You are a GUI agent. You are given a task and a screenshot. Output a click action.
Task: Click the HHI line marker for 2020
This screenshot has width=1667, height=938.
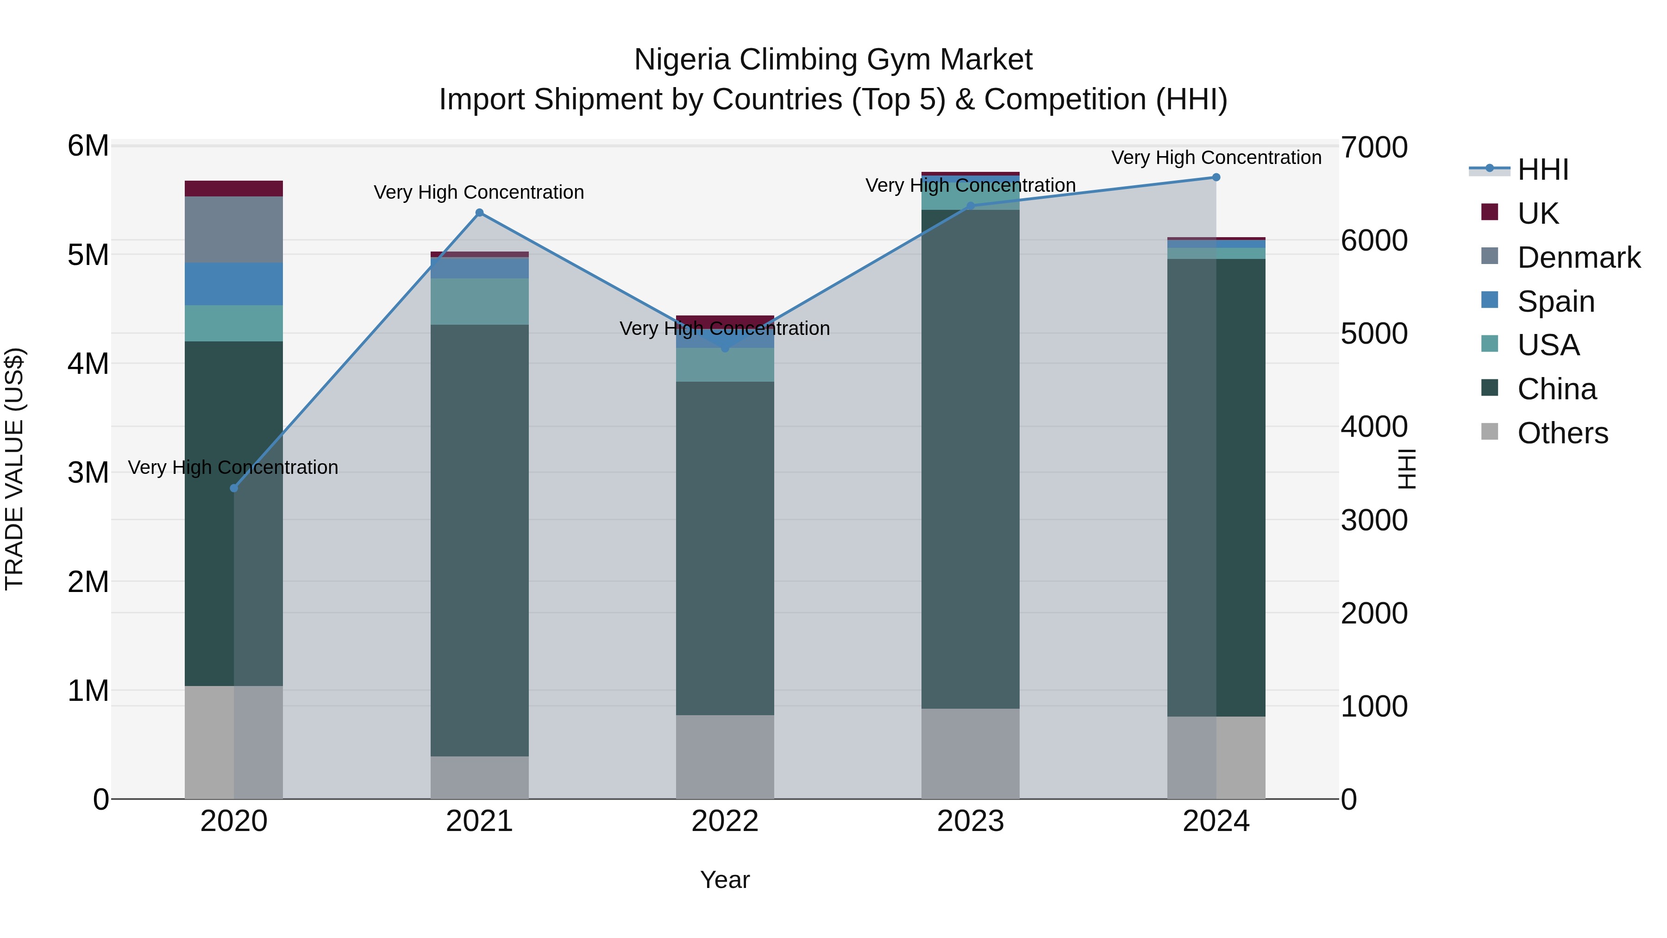point(234,488)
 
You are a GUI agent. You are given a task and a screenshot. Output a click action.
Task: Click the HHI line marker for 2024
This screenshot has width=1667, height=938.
point(1216,177)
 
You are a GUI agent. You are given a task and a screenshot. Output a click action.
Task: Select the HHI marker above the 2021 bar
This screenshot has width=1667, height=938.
point(480,213)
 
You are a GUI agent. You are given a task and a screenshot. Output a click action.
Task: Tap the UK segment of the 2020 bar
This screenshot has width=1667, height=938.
point(234,189)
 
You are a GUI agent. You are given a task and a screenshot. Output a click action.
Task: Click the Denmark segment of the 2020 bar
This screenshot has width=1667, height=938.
point(234,230)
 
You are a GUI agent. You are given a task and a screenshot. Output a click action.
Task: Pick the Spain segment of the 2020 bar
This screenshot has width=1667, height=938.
point(234,284)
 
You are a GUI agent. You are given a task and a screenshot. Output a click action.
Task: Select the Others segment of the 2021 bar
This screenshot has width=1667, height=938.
point(480,777)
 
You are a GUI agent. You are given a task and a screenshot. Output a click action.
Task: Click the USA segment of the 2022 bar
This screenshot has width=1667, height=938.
point(725,365)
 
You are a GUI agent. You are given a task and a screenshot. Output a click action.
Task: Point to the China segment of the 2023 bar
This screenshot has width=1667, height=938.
point(970,460)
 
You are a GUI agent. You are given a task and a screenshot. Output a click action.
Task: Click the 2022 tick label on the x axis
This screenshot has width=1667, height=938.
point(725,821)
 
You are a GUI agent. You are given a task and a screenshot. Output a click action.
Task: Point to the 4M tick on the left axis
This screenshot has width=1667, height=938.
point(88,364)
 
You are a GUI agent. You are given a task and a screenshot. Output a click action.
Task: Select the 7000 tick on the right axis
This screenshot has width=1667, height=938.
point(1373,148)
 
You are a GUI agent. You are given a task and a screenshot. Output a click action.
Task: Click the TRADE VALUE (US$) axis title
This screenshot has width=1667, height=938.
point(14,469)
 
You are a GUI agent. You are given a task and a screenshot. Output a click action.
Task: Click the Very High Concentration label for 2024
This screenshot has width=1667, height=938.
point(1216,157)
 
